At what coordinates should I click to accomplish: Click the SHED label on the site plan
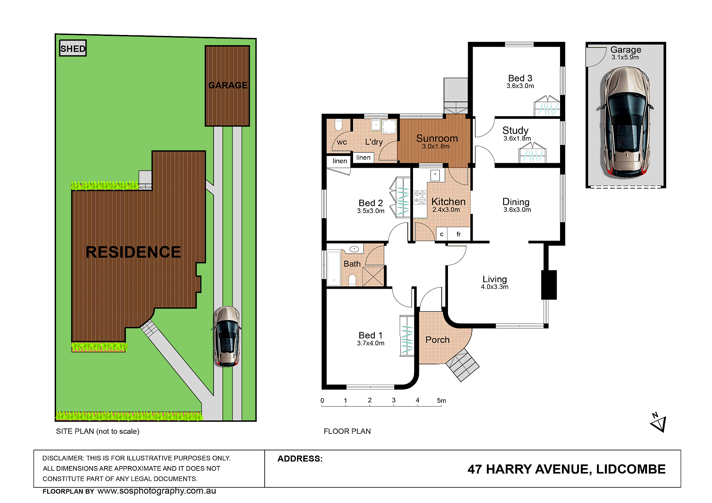73,48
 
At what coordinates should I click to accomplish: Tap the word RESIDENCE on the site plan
133,252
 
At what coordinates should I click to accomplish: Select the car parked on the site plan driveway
227,336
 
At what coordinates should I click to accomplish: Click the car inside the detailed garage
625,122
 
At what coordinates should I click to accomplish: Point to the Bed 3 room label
520,78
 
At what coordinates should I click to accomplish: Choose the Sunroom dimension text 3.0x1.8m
436,146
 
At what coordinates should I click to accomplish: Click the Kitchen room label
448,201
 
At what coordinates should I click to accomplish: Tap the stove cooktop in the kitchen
420,197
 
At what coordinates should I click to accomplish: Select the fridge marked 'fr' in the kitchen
459,234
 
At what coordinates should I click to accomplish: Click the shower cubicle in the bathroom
373,276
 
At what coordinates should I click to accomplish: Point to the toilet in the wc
339,125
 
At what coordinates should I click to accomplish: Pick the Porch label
437,340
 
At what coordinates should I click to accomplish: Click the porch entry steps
462,365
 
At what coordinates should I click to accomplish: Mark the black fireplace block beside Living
549,285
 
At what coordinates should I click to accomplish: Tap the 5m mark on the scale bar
441,400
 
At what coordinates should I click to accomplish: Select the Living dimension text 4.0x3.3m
494,287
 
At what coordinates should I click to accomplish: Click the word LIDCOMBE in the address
631,469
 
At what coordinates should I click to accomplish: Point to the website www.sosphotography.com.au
157,491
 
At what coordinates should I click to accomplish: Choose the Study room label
515,131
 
